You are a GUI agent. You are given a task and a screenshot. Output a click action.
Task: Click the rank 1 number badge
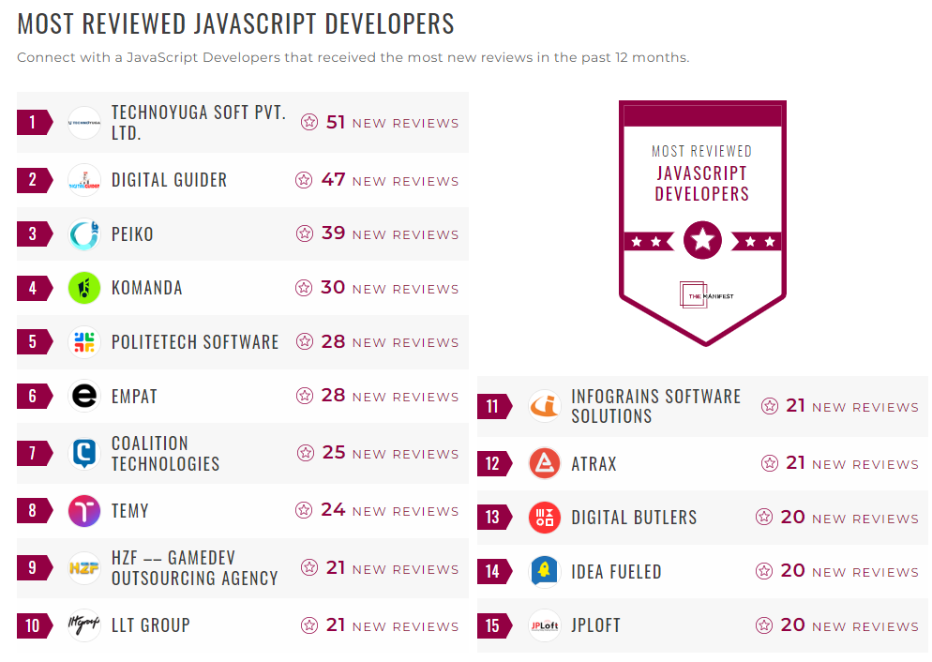click(33, 122)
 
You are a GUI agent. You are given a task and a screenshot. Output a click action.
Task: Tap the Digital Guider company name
click(169, 180)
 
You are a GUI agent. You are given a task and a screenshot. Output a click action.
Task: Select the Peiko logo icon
click(84, 234)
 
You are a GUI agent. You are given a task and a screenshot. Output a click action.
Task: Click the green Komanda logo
click(84, 288)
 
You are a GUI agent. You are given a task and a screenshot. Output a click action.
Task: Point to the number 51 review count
click(336, 122)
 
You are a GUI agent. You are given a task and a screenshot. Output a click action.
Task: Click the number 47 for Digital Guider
click(333, 180)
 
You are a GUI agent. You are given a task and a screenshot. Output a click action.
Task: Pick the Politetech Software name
click(195, 342)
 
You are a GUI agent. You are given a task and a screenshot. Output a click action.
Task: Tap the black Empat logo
click(84, 396)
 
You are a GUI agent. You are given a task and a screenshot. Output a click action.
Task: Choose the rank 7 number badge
click(33, 454)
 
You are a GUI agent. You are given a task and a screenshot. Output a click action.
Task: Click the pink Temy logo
click(84, 511)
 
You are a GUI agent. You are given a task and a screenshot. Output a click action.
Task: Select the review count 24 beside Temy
click(333, 510)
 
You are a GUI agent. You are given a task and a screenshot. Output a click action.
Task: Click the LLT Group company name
click(150, 625)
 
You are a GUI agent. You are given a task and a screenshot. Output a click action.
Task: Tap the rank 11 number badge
click(493, 407)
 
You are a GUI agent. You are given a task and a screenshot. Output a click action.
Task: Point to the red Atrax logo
click(545, 463)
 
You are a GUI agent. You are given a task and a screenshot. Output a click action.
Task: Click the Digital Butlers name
click(634, 518)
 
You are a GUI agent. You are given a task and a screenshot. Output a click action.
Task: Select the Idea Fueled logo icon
click(545, 571)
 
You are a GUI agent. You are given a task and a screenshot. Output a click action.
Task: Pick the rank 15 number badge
click(493, 625)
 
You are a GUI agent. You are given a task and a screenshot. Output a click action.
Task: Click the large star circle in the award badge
click(702, 241)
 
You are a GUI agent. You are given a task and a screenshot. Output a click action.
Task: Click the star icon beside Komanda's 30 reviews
click(304, 288)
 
